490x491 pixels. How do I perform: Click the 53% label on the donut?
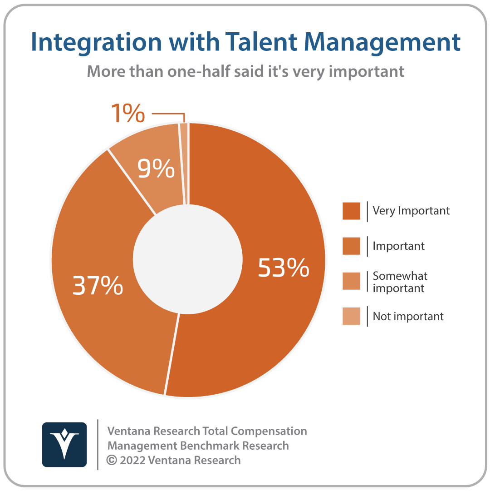tap(283, 268)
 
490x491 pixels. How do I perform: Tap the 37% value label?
tap(98, 285)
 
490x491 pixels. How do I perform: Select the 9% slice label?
tap(156, 168)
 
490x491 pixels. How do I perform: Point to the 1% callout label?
tap(128, 113)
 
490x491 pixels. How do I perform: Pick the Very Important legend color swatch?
tap(351, 211)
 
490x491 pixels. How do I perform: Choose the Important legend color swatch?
tap(351, 246)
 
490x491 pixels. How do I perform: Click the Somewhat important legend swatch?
tap(351, 281)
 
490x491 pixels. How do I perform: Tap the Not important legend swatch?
tap(351, 316)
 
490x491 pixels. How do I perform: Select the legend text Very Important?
tap(411, 211)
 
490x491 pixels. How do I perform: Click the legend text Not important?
tap(408, 317)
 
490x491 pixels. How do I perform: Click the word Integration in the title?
tap(96, 43)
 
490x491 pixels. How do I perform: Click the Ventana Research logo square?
tap(64, 445)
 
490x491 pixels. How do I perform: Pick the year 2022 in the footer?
tap(132, 460)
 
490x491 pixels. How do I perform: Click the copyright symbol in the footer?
tap(112, 460)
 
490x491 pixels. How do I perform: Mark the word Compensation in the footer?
tap(269, 431)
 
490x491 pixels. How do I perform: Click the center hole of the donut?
tap(188, 259)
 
